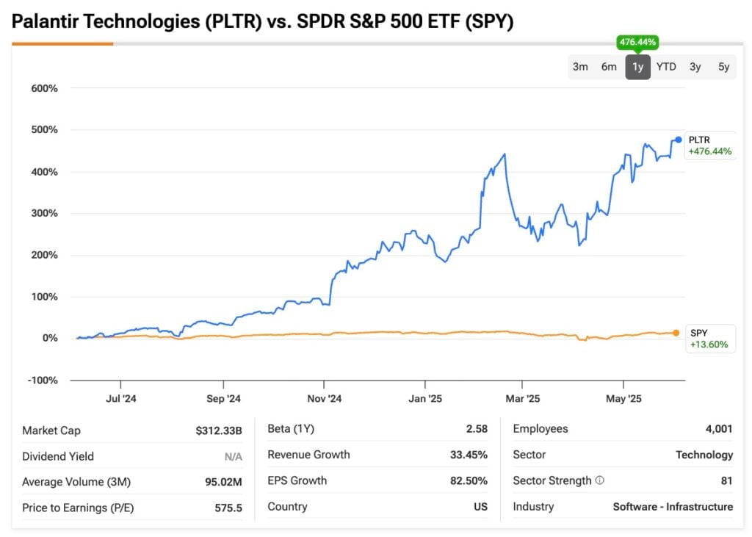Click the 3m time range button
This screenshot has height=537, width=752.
[x=580, y=67]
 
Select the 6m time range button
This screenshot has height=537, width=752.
[x=609, y=67]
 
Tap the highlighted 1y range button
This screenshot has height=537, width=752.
[x=637, y=67]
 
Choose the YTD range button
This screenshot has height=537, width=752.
[x=666, y=67]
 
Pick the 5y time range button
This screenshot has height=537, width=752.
[x=723, y=67]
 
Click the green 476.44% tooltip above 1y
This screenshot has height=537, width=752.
[x=637, y=43]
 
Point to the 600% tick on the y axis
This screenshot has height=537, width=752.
[x=43, y=88]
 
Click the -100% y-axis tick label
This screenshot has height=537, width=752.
[x=42, y=380]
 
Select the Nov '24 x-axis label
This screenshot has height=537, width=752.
[x=324, y=399]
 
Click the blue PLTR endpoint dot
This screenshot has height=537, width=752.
[x=678, y=140]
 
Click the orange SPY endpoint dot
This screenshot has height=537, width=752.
[x=676, y=333]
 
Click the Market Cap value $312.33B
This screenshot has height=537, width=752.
[x=218, y=430]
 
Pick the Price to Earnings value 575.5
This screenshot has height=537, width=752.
[x=228, y=508]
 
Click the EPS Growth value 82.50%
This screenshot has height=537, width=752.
[x=469, y=480]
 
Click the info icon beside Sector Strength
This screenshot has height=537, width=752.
[x=599, y=480]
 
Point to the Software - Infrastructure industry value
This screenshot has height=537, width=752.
[x=673, y=507]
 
